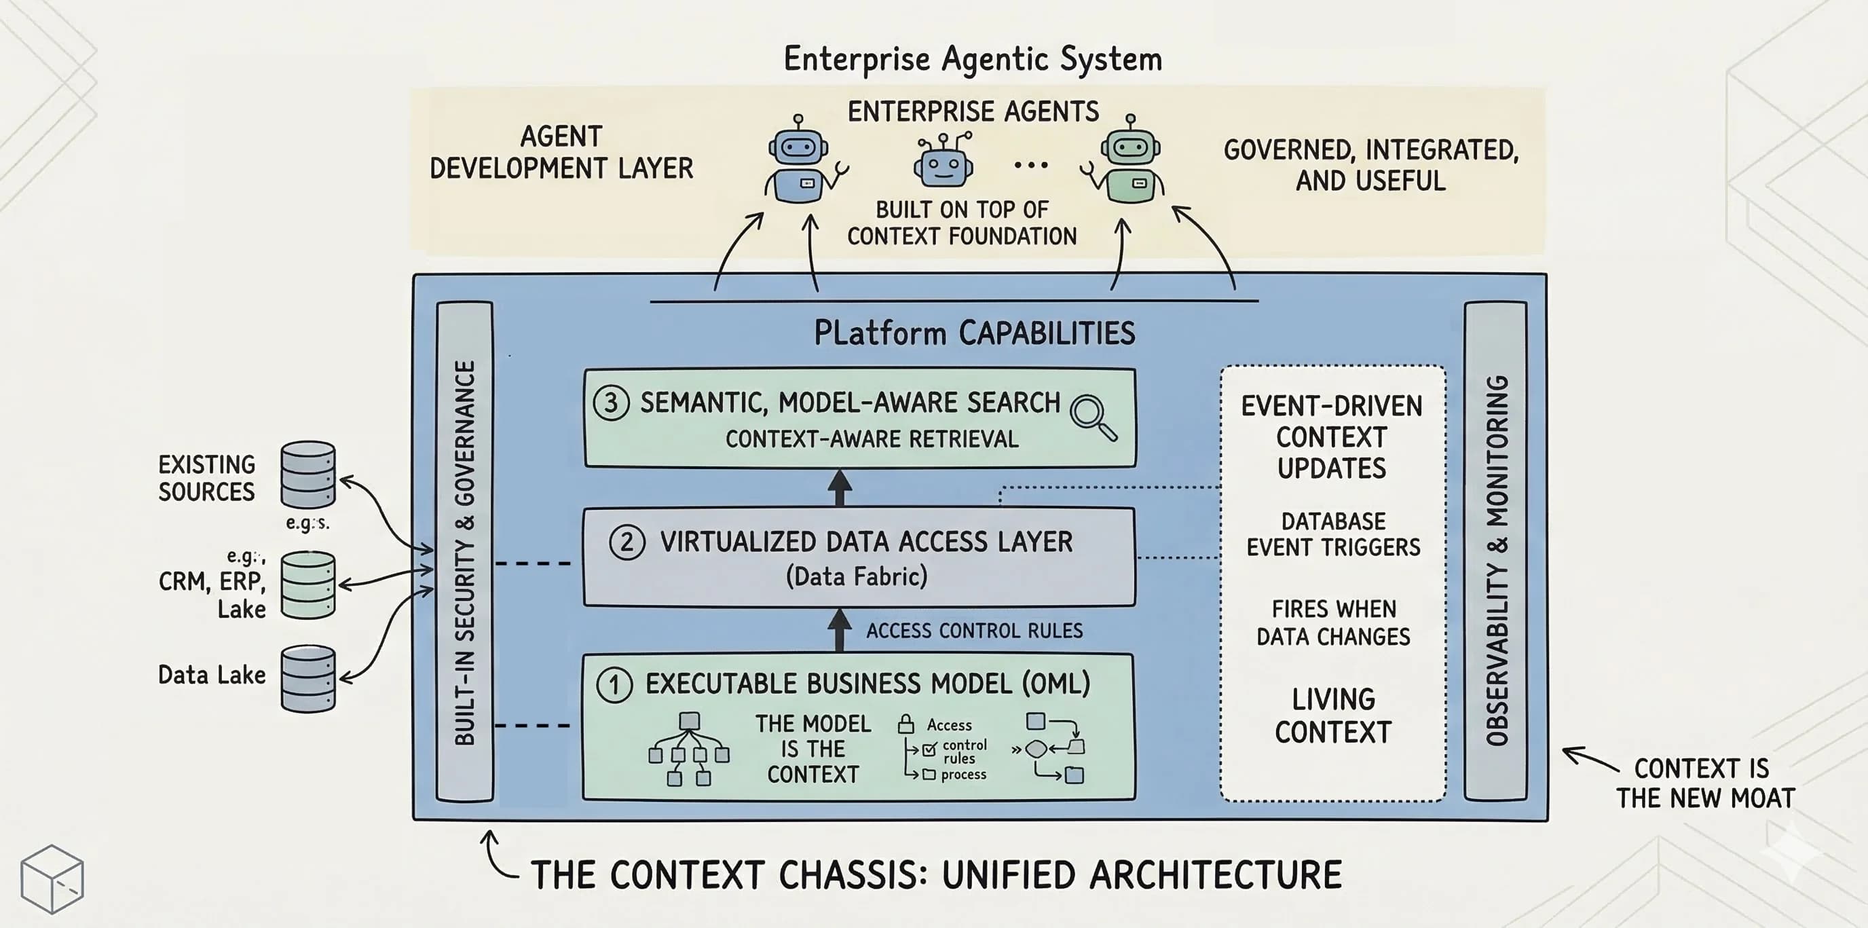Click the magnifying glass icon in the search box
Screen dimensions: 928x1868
coord(1093,417)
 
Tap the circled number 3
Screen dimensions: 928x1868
coord(612,403)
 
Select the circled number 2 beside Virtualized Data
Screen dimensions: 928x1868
coord(627,542)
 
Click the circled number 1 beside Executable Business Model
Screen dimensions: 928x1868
coord(614,685)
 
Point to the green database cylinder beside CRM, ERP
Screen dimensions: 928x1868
coord(308,584)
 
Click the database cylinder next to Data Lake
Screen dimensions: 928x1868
coord(308,679)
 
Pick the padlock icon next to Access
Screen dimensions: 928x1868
coord(905,724)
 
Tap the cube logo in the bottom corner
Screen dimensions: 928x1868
coord(52,878)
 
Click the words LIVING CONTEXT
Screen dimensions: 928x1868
coord(1333,716)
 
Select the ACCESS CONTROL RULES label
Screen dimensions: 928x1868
coord(974,631)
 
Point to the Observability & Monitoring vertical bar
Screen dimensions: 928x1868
coord(1495,551)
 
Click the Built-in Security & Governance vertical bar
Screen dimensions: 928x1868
coord(465,551)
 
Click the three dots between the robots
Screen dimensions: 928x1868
coord(1031,165)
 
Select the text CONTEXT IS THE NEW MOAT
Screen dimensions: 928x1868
coord(1704,783)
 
